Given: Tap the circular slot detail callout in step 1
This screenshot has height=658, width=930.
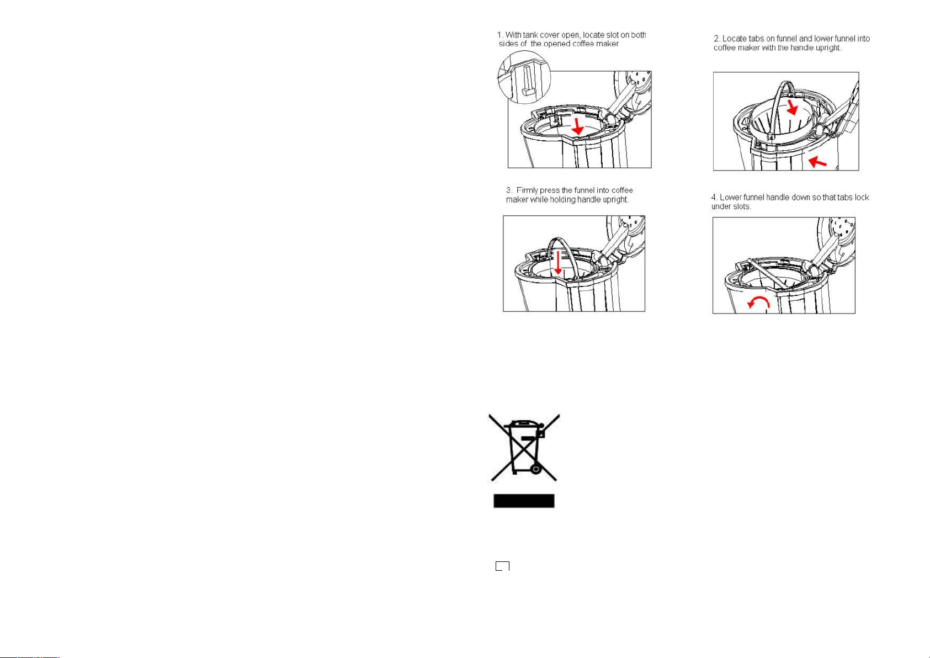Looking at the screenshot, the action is tap(524, 77).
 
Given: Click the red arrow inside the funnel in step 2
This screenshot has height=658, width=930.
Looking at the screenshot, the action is tap(792, 107).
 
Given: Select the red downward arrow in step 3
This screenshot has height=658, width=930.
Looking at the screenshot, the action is tap(558, 262).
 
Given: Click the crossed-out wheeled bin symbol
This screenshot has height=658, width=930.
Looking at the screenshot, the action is tap(524, 448).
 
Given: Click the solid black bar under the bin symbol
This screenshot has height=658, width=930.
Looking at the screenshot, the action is tap(524, 501).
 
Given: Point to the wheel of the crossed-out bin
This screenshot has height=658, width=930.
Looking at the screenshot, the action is tap(536, 470).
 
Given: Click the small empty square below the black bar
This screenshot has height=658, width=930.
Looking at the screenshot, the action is tap(502, 566).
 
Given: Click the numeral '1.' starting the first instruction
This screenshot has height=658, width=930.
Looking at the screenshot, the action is tap(500, 35).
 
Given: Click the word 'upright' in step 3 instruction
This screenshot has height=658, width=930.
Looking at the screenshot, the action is tap(615, 200).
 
